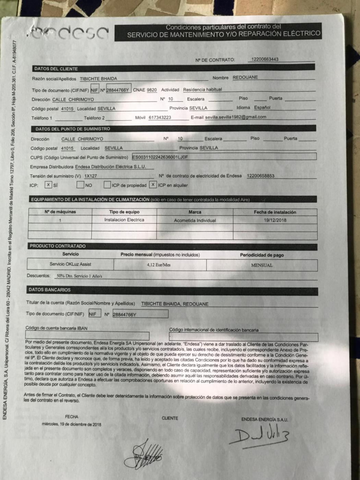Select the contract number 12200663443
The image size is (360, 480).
pos(265,59)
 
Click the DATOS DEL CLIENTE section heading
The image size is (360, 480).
pos(56,69)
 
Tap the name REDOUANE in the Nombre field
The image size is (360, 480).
pos(245,77)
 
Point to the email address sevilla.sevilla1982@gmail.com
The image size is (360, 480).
pos(236,117)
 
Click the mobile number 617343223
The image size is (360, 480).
pos(160,117)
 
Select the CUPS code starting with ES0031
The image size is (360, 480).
pos(160,157)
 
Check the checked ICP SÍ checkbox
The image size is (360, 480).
pos(48,185)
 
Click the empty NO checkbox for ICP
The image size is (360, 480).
pos(80,185)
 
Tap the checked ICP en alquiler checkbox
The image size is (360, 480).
pos(153,185)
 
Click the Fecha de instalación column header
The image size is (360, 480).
pos(275,212)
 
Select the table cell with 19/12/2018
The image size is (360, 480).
pos(275,220)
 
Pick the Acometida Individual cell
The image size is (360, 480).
pos(195,220)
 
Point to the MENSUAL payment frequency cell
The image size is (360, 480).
pos(262,265)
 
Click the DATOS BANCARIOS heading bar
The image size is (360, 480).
pos(50,290)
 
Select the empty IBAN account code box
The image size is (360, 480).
pos(87,336)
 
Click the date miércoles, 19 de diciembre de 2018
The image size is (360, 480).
pos(72,424)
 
